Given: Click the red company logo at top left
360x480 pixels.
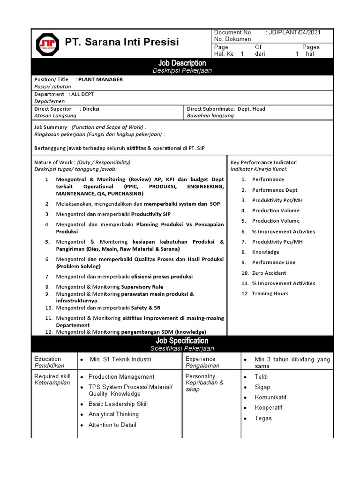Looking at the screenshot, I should point(48,43).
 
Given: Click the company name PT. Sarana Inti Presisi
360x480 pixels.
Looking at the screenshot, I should point(122,43).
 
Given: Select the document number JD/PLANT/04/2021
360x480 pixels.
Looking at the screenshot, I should point(295,32).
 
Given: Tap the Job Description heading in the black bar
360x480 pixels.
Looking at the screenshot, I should point(182,63).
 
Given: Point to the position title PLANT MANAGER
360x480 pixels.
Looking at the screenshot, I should point(100,79).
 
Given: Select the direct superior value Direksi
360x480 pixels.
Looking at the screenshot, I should point(90,109).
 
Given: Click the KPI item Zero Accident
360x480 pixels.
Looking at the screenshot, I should point(269,273).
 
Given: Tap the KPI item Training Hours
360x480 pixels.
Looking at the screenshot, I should point(270,293).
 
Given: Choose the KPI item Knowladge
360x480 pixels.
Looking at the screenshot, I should point(266,252).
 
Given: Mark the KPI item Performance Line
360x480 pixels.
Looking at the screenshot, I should point(274,262).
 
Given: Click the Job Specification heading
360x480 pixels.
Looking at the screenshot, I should point(182,341).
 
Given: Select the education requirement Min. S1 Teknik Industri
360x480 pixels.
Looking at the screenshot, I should point(120,360).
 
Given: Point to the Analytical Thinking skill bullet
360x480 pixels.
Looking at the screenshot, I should point(113,414).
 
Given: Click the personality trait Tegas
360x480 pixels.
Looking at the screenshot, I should point(263,418).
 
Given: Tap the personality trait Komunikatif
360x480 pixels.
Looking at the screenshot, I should point(270,397).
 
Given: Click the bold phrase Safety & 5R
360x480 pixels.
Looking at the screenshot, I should point(153,308).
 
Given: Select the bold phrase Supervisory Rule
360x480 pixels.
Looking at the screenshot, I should point(142,286).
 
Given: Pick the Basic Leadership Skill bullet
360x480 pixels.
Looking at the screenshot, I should point(118,404).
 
